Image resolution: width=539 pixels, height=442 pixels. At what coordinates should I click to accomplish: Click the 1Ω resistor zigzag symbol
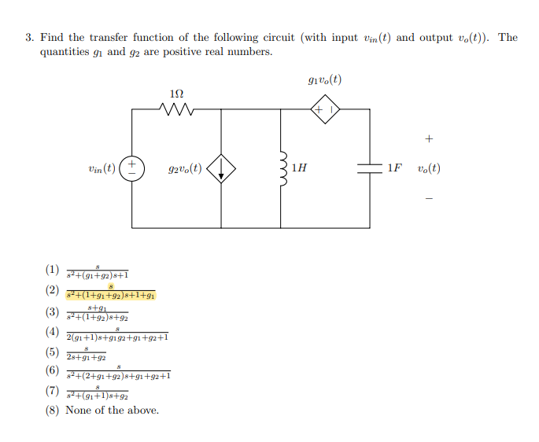click(177, 109)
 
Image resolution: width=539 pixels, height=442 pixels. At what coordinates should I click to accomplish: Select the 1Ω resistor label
click(177, 94)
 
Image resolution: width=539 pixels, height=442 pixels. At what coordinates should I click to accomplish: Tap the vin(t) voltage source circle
click(132, 168)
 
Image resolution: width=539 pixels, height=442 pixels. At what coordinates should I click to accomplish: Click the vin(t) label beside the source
click(102, 168)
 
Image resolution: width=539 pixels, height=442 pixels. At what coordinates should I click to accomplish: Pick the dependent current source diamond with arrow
click(221, 168)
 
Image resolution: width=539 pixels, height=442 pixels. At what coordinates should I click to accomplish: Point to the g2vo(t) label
click(186, 168)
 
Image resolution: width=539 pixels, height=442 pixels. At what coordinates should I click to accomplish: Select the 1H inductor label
click(298, 168)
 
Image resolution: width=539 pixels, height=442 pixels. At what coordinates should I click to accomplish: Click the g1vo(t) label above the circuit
click(325, 80)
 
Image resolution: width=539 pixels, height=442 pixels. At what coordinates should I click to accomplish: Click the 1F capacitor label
click(393, 168)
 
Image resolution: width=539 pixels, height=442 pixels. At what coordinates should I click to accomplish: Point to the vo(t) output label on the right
click(429, 168)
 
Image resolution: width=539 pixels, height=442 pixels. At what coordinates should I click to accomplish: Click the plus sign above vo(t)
click(428, 139)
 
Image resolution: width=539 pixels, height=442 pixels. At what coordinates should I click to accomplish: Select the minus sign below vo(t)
click(428, 198)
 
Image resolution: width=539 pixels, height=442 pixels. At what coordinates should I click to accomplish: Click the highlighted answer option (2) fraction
click(111, 292)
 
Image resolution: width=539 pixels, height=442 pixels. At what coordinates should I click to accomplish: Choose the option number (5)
click(52, 352)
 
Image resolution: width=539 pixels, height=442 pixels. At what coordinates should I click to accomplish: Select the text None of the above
click(112, 410)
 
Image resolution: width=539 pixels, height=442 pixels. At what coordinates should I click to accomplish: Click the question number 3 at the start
click(28, 38)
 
